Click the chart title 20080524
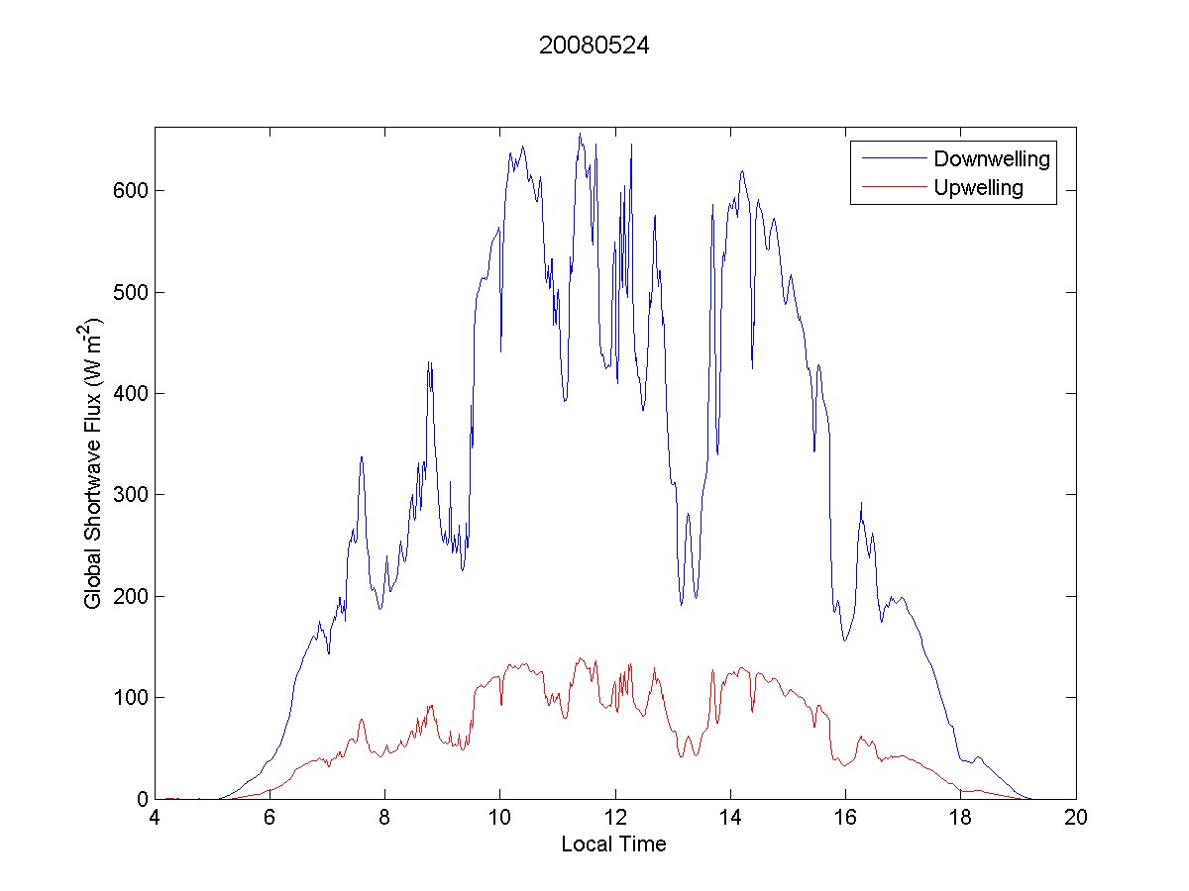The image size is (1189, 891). (594, 46)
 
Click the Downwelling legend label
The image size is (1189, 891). (991, 158)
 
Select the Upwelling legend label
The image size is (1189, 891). (978, 187)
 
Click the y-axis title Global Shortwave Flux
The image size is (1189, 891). (94, 463)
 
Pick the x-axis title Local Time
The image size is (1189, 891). (613, 844)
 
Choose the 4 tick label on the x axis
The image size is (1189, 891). (155, 819)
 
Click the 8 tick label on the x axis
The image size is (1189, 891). (384, 819)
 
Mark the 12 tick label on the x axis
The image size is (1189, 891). (615, 819)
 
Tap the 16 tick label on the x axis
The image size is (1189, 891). (845, 819)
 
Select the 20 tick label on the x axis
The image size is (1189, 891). (1076, 819)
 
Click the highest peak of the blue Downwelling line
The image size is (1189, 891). (580, 134)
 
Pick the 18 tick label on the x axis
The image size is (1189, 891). (960, 819)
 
